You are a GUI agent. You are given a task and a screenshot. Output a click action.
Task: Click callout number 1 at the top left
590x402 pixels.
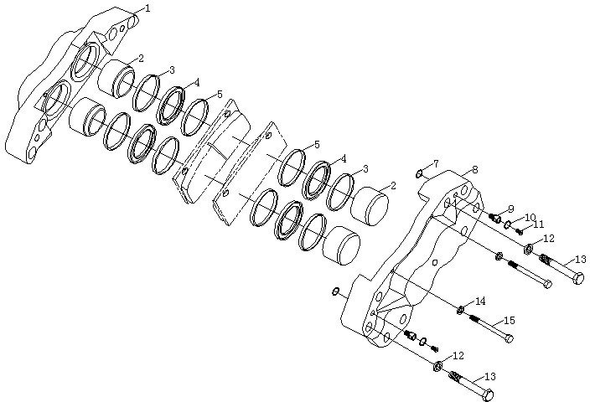(x=147, y=8)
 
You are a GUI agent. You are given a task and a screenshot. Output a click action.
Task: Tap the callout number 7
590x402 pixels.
(x=436, y=164)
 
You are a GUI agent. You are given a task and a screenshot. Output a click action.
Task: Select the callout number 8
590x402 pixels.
(x=475, y=170)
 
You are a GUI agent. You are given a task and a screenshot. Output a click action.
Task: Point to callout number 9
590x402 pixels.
(x=510, y=209)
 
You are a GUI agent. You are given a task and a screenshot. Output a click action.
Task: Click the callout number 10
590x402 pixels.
(x=530, y=218)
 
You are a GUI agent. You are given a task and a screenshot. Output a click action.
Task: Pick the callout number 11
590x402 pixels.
(x=539, y=224)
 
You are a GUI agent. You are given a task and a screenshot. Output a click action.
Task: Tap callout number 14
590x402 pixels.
(x=480, y=301)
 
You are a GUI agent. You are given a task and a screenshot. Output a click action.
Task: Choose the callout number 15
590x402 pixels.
(x=510, y=321)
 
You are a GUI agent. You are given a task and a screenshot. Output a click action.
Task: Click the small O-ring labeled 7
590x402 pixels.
(x=419, y=173)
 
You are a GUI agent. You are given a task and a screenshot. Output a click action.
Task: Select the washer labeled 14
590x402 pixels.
(x=459, y=311)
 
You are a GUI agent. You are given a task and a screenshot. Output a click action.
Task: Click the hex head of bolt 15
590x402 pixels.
(x=509, y=338)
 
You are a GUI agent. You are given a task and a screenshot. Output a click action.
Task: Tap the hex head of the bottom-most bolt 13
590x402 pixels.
(x=488, y=395)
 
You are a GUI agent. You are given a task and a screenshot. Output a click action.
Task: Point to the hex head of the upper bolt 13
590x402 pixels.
(x=578, y=278)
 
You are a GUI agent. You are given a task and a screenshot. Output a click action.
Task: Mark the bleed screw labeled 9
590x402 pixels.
(x=494, y=218)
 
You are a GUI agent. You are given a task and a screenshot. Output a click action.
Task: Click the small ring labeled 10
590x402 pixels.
(x=508, y=225)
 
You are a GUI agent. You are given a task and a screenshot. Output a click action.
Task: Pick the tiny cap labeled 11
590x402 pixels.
(x=520, y=231)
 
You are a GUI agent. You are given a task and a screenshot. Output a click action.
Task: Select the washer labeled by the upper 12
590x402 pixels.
(x=528, y=248)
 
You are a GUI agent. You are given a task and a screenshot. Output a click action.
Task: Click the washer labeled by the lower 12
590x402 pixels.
(x=438, y=366)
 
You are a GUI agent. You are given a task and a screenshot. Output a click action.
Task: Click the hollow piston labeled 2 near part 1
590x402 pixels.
(x=116, y=78)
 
